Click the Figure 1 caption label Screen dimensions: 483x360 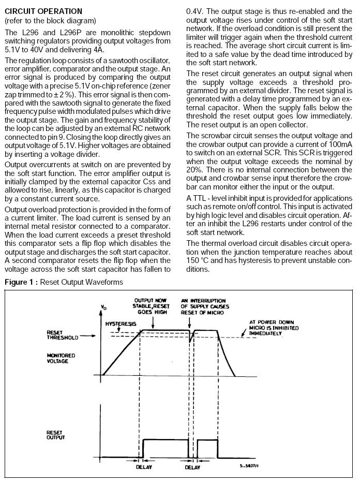[64, 282]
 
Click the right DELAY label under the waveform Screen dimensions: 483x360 [192, 467]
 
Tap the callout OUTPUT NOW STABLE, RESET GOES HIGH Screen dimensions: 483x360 [152, 306]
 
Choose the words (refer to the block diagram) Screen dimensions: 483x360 [50, 21]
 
